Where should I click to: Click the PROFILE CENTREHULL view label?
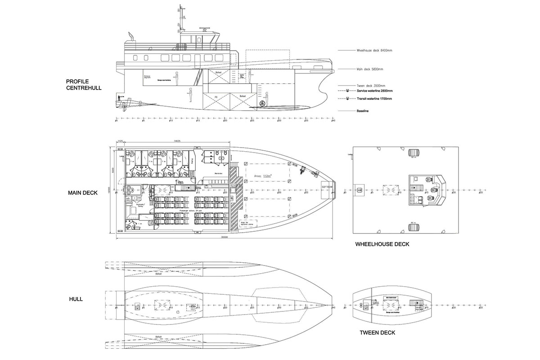(84, 85)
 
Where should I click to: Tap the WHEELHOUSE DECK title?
(382, 244)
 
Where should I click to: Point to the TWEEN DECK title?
(377, 333)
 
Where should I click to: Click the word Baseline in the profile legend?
(363, 111)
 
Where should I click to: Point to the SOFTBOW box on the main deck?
(327, 186)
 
